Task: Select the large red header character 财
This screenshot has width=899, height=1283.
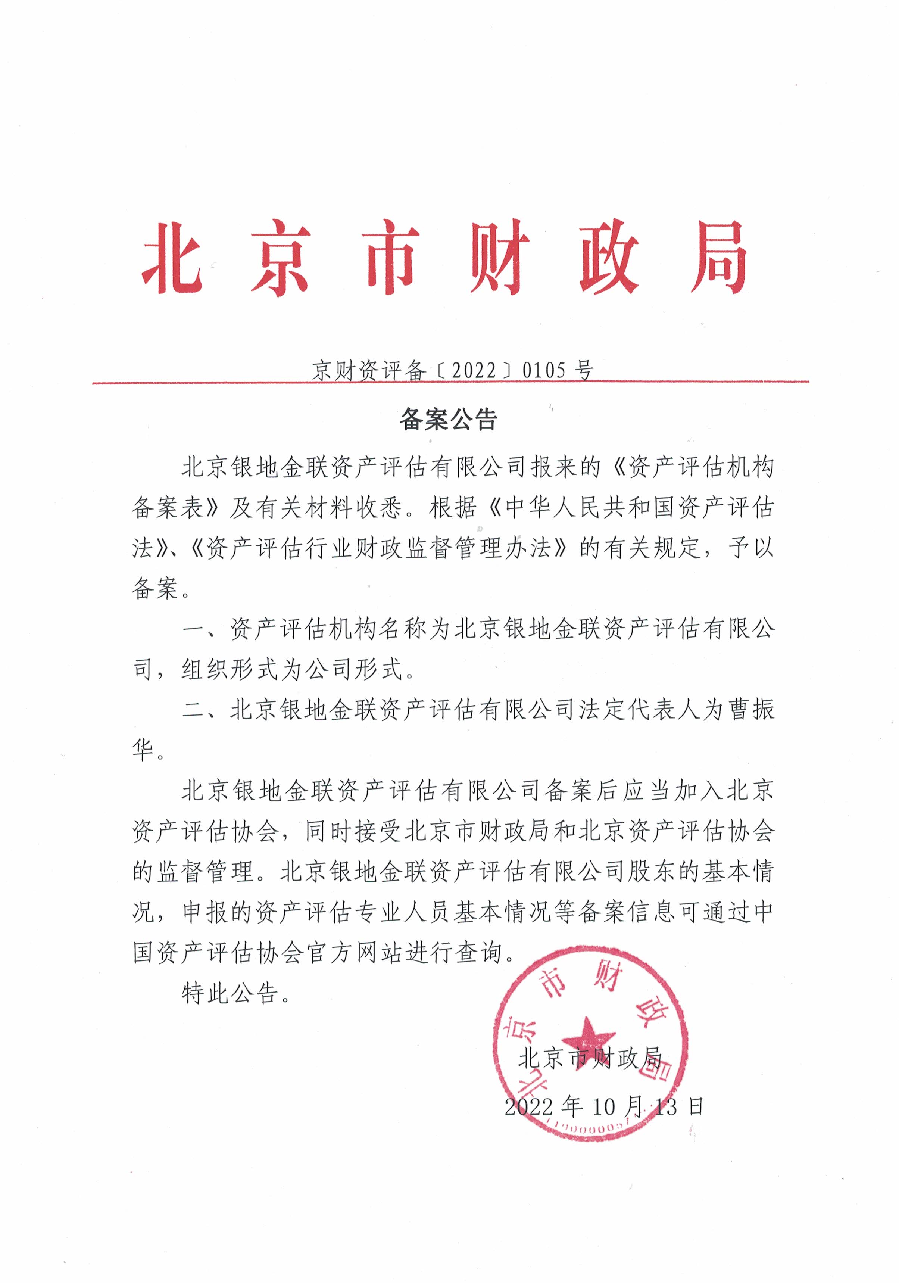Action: pyautogui.click(x=499, y=258)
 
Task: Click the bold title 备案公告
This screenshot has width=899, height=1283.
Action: pyautogui.click(x=448, y=420)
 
